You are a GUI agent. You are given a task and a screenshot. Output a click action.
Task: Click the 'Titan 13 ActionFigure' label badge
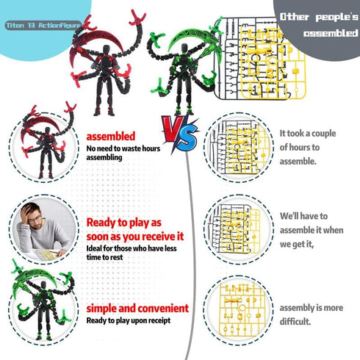point(43,25)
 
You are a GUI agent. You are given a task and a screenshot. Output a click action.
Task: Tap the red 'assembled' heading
point(111,137)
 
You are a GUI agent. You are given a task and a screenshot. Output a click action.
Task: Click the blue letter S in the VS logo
point(187,138)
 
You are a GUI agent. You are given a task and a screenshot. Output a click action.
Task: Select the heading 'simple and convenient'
point(137,309)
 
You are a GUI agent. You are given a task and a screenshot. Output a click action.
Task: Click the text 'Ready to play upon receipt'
point(129,320)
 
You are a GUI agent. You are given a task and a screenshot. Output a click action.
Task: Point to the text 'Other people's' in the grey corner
point(319,17)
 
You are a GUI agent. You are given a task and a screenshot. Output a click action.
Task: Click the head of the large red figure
point(106,50)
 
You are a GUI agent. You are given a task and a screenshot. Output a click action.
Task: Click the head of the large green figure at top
point(184,48)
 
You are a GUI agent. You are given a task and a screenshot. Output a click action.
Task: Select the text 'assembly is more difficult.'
point(312,314)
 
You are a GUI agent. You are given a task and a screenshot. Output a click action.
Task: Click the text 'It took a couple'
point(308,134)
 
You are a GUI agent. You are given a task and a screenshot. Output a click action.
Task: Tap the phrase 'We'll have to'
point(303,216)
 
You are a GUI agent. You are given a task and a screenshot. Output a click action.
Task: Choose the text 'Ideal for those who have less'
point(132,248)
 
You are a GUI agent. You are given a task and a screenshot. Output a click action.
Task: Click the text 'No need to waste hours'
point(123,148)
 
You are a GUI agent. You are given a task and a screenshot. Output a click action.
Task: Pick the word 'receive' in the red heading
point(156,237)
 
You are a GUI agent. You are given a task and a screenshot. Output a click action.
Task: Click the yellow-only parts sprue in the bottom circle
point(242,309)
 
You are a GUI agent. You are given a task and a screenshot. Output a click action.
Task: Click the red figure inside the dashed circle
point(47,142)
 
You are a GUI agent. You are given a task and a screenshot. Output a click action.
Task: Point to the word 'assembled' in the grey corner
point(331,33)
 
